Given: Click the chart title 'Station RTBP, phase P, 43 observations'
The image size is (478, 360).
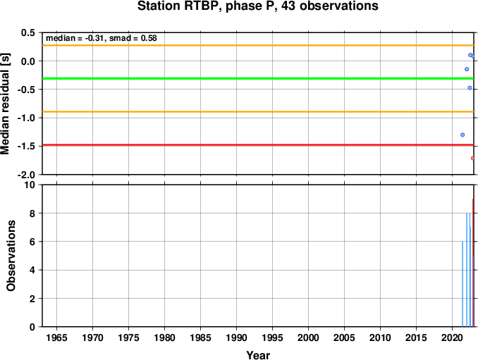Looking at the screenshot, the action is [x=257, y=6].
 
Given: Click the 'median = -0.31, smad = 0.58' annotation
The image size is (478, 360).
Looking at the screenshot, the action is [x=102, y=38].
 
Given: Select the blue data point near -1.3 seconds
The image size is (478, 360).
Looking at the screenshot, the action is [x=462, y=135].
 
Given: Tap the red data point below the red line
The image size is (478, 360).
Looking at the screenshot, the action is [x=472, y=158].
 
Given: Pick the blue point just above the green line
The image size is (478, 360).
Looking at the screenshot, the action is [x=467, y=69].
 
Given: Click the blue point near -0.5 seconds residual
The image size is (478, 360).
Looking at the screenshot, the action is [x=470, y=88].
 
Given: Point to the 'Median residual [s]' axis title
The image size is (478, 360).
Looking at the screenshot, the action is [x=5, y=104].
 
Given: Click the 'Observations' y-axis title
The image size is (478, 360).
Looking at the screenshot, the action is [x=11, y=256].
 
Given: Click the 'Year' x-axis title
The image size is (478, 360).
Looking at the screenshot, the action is [x=258, y=355].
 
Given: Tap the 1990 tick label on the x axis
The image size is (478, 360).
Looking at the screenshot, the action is [x=237, y=337].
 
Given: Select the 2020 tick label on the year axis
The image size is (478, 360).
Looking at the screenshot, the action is [x=453, y=337].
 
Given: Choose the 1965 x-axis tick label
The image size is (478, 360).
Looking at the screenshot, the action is [x=56, y=337].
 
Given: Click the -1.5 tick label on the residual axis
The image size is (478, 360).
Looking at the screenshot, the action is [x=26, y=147].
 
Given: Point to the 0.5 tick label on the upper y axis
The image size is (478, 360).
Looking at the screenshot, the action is [x=28, y=32].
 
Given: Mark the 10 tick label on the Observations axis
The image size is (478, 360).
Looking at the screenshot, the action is [x=30, y=185].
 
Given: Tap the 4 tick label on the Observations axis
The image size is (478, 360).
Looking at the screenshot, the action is [x=32, y=270].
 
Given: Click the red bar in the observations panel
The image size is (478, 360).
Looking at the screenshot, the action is [x=473, y=263].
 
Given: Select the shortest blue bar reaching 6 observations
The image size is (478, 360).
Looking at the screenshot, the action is [x=462, y=284].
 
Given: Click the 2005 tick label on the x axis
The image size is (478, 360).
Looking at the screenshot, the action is [x=345, y=337].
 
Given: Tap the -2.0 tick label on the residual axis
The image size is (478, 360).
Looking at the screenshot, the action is [x=26, y=175].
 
